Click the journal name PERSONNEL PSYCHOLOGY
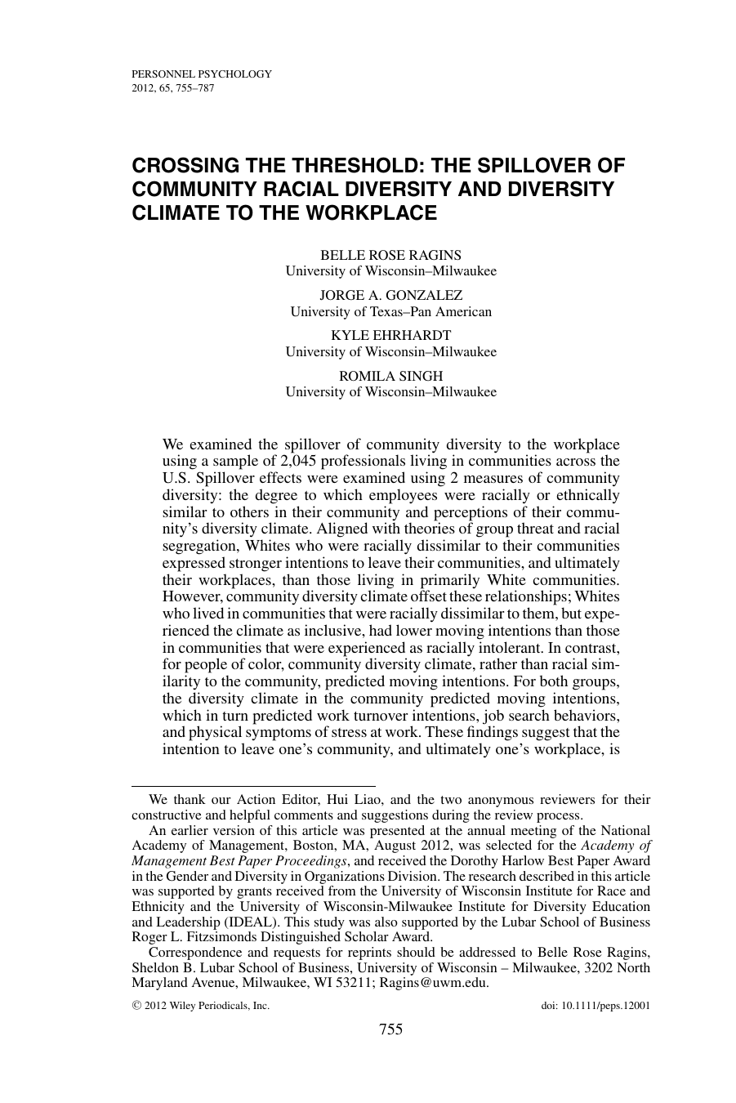click(201, 74)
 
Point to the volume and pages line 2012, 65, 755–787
click(172, 87)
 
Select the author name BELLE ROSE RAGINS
click(390, 255)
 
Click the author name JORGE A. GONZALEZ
click(390, 295)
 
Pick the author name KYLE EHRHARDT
click(390, 335)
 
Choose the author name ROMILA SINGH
click(390, 376)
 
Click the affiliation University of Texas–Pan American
click(391, 311)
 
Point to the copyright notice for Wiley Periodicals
click(200, 1007)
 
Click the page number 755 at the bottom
click(391, 1029)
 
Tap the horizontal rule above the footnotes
click(253, 785)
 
